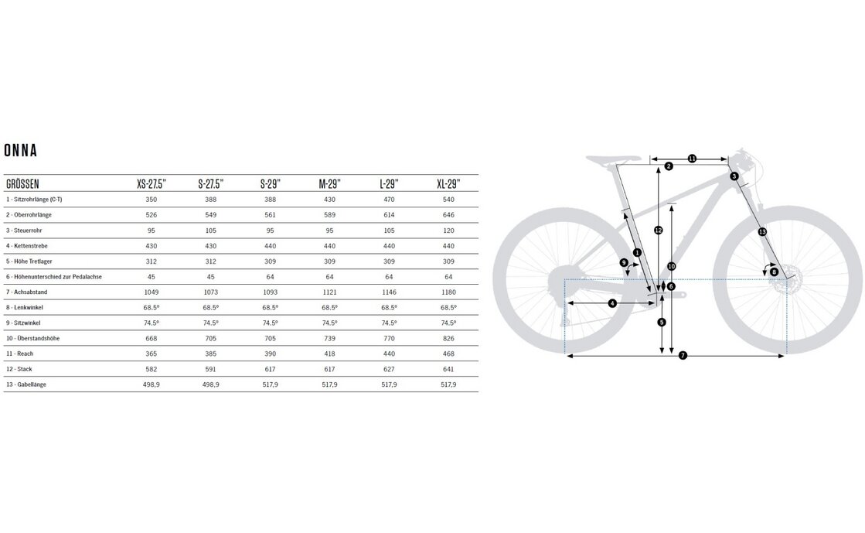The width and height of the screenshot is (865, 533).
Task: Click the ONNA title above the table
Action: [x=21, y=150]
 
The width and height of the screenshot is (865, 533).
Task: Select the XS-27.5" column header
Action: [x=152, y=184]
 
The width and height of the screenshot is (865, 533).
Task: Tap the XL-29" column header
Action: [x=448, y=184]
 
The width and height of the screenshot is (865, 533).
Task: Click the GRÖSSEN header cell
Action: [x=22, y=184]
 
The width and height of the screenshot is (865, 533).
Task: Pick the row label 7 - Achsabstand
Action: [x=28, y=292]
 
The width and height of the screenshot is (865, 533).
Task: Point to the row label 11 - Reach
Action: [x=22, y=354]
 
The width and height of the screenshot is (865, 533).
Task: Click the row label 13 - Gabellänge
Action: [x=28, y=384]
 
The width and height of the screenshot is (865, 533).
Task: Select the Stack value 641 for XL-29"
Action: [x=448, y=369]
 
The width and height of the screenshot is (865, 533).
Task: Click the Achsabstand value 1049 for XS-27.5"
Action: [x=152, y=292]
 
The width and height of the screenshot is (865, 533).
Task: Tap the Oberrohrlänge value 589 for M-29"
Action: [x=329, y=214]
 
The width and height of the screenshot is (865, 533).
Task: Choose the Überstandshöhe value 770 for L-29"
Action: [x=389, y=338]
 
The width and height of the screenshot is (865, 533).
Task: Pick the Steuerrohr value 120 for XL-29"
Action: [x=448, y=230]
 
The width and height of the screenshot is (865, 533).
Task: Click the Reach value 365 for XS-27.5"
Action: [x=152, y=354]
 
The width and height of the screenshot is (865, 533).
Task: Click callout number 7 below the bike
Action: [x=683, y=356]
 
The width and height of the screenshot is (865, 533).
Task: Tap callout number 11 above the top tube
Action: [x=692, y=159]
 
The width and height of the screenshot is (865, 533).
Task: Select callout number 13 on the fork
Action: [x=761, y=231]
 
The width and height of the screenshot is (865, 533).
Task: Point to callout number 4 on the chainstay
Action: [x=612, y=303]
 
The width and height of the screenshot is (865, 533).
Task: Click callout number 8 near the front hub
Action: [x=774, y=272]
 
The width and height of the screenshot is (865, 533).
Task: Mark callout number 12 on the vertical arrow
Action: [x=658, y=230]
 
